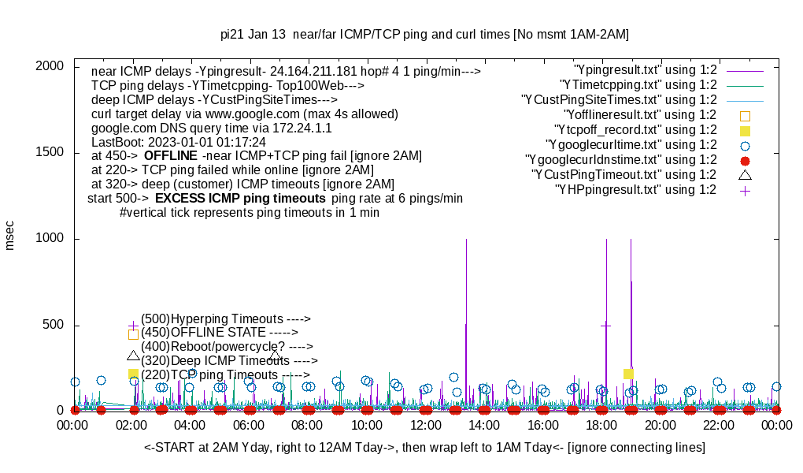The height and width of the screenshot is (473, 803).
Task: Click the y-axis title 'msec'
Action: [9, 236]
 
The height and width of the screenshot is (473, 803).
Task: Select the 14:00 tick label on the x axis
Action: [483, 425]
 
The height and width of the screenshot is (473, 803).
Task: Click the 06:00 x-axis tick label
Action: [249, 425]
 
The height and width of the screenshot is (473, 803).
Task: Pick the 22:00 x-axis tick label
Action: [718, 425]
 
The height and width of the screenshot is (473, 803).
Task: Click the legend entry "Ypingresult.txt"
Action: [646, 70]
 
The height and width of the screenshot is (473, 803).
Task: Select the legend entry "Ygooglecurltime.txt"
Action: [631, 145]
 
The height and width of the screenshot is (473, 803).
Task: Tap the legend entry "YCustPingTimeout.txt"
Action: [624, 175]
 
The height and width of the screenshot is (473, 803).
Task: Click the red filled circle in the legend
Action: [745, 160]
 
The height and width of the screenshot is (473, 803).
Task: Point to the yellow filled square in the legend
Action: [745, 130]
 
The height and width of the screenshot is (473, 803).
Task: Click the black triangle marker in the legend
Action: [745, 174]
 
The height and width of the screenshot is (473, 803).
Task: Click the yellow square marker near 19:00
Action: [628, 374]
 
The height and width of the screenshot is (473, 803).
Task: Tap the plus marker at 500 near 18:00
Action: [605, 325]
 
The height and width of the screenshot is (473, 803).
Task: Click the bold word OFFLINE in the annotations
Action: [170, 156]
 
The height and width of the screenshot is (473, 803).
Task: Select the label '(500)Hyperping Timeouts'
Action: [225, 319]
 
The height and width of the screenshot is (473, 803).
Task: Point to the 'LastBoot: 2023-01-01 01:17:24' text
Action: [179, 142]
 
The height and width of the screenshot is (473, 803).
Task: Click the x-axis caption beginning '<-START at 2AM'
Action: [424, 448]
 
